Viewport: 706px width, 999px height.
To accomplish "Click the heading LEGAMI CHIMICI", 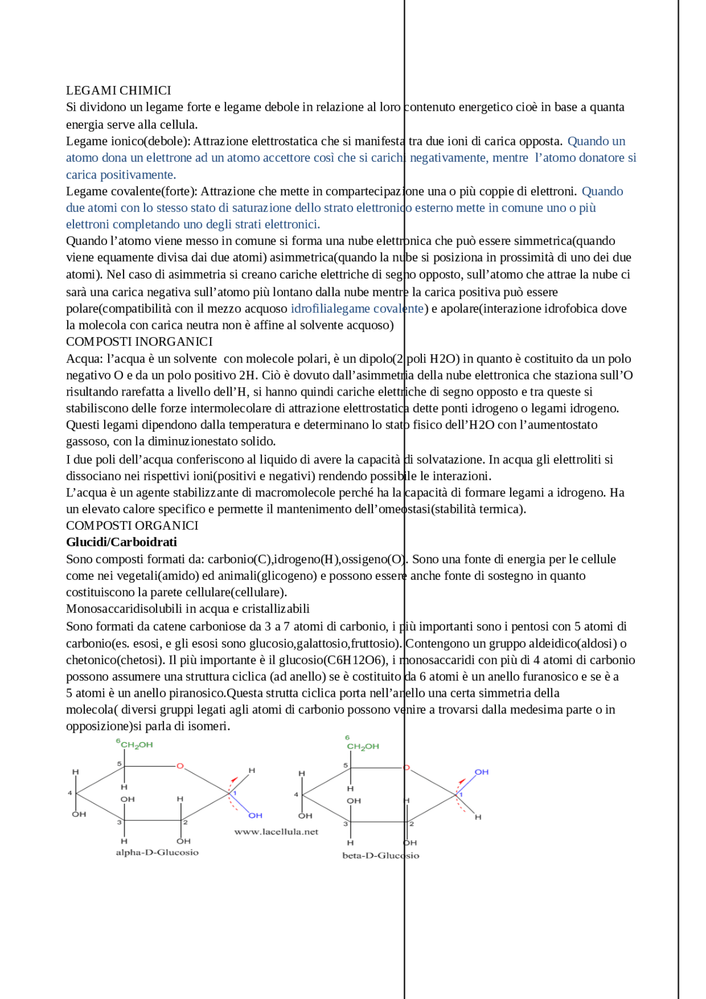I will pyautogui.click(x=119, y=90).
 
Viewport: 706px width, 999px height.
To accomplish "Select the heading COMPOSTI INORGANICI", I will pyautogui.click(x=139, y=341).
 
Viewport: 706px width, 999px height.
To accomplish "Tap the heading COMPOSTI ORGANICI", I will pyautogui.click(x=132, y=525).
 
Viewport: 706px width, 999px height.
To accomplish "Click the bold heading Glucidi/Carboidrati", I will pyautogui.click(x=121, y=542).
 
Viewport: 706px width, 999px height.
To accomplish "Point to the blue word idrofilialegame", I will pyautogui.click(x=325, y=308).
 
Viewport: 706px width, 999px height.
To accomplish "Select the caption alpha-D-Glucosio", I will pyautogui.click(x=157, y=852).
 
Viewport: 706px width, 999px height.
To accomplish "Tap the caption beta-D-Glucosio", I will pyautogui.click(x=381, y=856).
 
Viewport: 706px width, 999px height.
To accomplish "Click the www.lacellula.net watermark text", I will pyautogui.click(x=276, y=832).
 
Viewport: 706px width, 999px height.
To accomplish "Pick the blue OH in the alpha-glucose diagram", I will pyautogui.click(x=255, y=815).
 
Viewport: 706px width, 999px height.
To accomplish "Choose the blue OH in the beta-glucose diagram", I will pyautogui.click(x=482, y=772).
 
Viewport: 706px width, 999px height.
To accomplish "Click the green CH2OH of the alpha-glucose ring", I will pyautogui.click(x=136, y=745).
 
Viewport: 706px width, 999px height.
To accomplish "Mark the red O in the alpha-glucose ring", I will pyautogui.click(x=180, y=766).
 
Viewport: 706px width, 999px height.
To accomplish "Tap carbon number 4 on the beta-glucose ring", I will pyautogui.click(x=296, y=794).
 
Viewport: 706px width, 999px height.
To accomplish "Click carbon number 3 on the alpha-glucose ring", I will pyautogui.click(x=119, y=822).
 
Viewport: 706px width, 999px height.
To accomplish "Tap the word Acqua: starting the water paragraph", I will pyautogui.click(x=84, y=359).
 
